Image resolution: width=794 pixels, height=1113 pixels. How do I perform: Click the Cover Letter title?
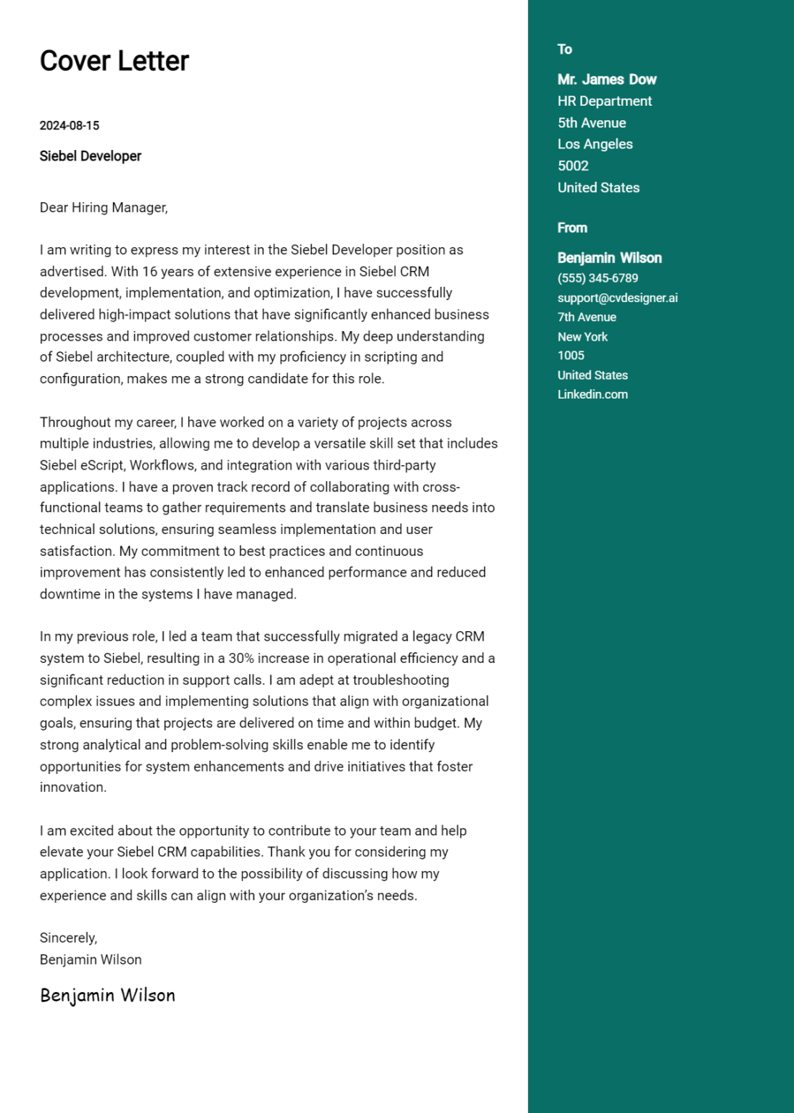point(114,62)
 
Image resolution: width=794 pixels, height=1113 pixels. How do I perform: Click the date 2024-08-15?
point(69,125)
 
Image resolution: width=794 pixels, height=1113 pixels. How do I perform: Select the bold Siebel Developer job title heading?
point(90,157)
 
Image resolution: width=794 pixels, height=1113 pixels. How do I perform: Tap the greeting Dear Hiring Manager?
point(103,208)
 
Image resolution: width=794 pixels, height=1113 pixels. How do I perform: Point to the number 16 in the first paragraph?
point(149,272)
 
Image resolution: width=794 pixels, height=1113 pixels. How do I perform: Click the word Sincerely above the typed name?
point(67,938)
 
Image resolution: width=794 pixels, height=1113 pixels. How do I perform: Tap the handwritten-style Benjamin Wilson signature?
point(107,995)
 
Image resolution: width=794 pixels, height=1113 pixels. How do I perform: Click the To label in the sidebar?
point(564,49)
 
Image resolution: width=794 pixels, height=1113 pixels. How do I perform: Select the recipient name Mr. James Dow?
point(606,80)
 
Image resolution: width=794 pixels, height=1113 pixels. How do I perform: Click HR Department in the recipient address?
point(604,101)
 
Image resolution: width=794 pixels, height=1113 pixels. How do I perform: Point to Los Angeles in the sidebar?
point(595,144)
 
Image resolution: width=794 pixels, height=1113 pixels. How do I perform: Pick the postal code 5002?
point(573,166)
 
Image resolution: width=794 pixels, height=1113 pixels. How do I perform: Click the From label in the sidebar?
point(572,228)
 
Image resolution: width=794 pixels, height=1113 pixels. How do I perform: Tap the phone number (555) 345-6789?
point(597,278)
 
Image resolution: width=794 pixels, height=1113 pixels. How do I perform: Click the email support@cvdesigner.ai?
point(617,298)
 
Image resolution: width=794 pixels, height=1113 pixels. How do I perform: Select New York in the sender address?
point(582,337)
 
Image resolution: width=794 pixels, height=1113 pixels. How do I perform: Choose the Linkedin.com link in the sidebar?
point(592,395)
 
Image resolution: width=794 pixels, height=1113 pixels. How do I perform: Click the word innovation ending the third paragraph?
point(72,788)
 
